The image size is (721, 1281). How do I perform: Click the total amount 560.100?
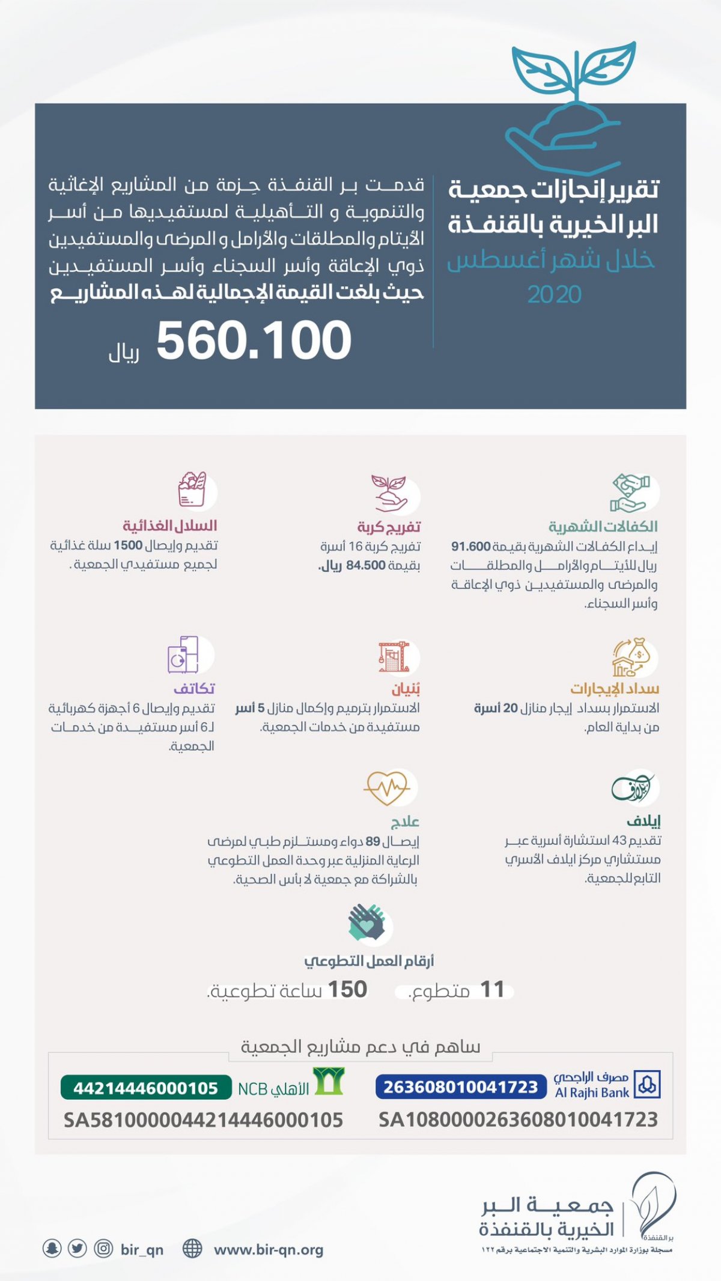tap(254, 341)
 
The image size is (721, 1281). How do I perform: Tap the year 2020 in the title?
tap(554, 294)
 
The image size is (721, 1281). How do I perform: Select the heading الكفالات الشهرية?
tap(603, 527)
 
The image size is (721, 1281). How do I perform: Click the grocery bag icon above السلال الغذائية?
tap(192, 489)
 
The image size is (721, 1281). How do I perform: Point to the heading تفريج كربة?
tap(389, 527)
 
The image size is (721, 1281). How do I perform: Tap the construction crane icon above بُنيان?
tap(394, 656)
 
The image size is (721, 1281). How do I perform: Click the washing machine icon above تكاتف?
tap(183, 655)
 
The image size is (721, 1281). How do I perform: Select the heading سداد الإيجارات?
tap(614, 688)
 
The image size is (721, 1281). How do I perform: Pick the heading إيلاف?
tap(643, 821)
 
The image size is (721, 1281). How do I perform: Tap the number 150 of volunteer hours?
tap(347, 989)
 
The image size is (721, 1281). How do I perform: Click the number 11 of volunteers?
tap(492, 989)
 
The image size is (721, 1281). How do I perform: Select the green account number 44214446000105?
tap(145, 1088)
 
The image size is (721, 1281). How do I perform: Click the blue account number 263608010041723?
tap(460, 1087)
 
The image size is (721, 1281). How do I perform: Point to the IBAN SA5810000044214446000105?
tap(203, 1120)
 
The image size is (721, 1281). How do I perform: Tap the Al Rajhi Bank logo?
tap(647, 1085)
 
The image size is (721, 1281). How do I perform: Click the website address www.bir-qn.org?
tap(269, 1250)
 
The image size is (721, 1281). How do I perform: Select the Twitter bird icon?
tap(78, 1249)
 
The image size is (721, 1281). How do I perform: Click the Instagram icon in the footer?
tap(103, 1249)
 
